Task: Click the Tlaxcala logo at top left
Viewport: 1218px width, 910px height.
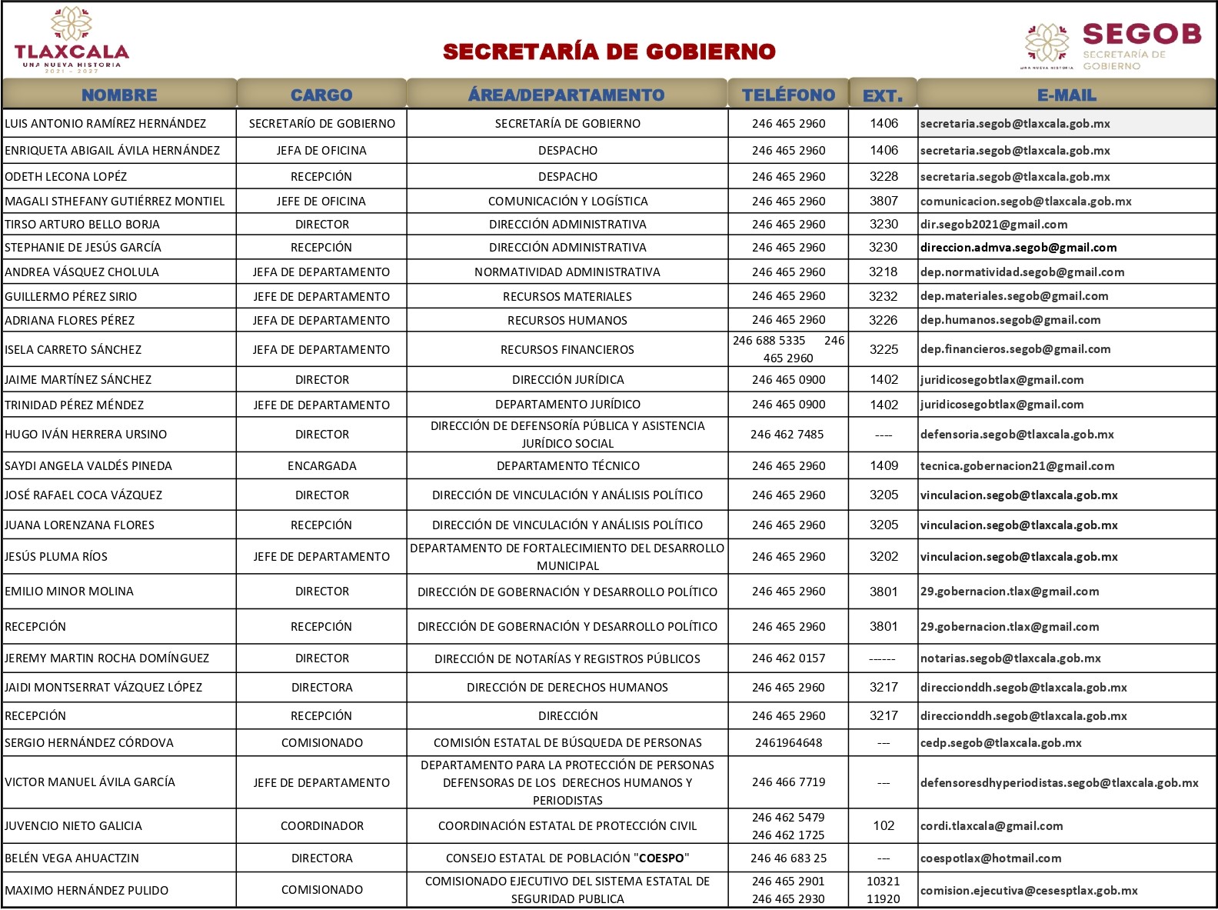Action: click(72, 40)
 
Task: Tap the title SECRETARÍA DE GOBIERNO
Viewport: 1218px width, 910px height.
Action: click(609, 52)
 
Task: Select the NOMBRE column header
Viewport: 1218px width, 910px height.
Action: click(119, 95)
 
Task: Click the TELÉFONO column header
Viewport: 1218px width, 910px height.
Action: click(788, 95)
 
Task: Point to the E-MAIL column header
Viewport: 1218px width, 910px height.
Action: click(1067, 95)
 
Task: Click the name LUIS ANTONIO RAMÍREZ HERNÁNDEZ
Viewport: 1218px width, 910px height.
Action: click(105, 124)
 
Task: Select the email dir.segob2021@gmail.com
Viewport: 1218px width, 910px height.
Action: click(993, 225)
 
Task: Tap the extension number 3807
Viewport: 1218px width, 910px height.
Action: click(884, 201)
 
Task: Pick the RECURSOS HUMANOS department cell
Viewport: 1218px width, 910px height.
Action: click(567, 320)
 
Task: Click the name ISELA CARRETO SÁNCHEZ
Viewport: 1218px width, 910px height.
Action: click(73, 350)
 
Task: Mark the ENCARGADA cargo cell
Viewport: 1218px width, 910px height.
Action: click(321, 466)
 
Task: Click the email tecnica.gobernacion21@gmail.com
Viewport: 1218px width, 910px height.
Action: click(1017, 466)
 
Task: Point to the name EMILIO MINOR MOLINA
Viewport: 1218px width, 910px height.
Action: click(69, 592)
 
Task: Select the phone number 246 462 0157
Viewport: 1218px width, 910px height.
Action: click(788, 658)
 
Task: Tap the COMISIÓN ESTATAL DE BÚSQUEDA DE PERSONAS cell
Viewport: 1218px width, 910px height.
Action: click(567, 743)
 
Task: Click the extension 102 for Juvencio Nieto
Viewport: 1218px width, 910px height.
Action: click(884, 826)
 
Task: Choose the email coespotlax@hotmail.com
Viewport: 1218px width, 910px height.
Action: click(990, 858)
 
